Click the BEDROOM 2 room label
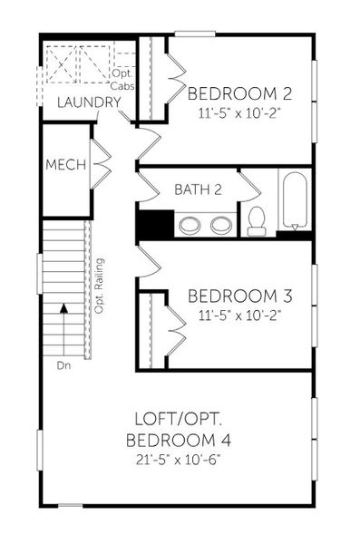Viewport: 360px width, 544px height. (239, 92)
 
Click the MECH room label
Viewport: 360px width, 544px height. (67, 165)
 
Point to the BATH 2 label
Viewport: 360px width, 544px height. (199, 189)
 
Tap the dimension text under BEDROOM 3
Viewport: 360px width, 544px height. (239, 316)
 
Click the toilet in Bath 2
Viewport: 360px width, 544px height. (257, 219)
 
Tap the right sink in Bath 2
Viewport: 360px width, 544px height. (221, 225)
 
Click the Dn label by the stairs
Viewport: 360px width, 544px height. (63, 365)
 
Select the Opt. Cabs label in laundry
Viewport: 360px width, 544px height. (123, 78)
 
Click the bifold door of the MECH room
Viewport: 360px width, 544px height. (102, 164)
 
